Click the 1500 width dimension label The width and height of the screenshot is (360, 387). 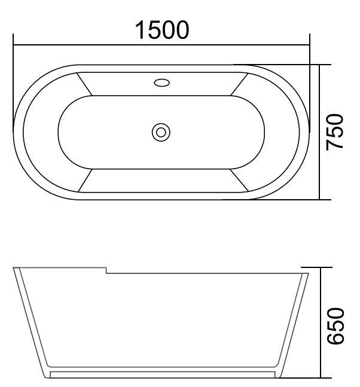tap(161, 29)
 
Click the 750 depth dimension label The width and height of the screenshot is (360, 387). tap(335, 132)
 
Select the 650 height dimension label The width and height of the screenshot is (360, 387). tap(335, 325)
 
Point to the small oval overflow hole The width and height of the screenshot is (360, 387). tap(161, 83)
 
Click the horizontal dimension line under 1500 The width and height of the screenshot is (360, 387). tap(161, 45)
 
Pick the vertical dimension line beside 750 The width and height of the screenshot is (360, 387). tap(321, 132)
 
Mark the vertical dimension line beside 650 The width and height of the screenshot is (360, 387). tap(321, 323)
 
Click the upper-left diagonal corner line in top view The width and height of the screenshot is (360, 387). tap(84, 84)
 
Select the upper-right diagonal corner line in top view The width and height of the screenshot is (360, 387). tap(239, 84)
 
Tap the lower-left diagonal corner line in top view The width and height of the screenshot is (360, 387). tap(84, 180)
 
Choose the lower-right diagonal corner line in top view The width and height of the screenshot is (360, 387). tap(239, 180)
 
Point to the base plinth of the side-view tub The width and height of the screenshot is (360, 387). tap(161, 374)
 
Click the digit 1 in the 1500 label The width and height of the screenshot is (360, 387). tap(140, 29)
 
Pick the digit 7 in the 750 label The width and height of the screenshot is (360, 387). tap(335, 145)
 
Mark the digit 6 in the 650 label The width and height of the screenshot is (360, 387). tap(335, 339)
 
